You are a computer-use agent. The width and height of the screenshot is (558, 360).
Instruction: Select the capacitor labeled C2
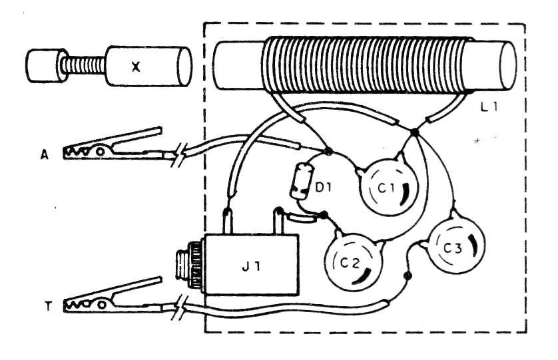tap(354, 262)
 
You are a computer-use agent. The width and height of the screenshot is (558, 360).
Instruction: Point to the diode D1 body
tap(301, 180)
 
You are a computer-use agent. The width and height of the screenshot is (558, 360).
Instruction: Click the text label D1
tap(324, 188)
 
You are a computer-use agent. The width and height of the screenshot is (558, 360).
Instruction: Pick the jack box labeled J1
tap(251, 265)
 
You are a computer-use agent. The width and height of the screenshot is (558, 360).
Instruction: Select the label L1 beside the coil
tap(489, 106)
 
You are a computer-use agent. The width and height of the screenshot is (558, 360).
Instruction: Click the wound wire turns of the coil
tap(364, 66)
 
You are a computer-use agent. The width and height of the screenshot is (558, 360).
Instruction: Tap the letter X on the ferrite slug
tap(136, 67)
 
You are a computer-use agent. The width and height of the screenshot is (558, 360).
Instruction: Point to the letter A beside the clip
tap(45, 155)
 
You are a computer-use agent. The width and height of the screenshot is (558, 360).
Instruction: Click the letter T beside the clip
tap(48, 306)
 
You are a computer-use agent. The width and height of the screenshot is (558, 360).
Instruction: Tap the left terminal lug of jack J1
tap(227, 222)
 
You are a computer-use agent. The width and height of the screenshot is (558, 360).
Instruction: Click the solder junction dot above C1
tap(414, 132)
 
